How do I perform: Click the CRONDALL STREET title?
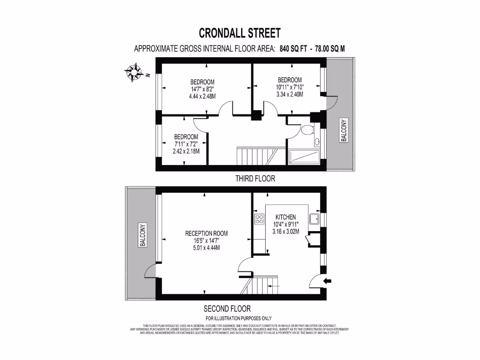point(240,33)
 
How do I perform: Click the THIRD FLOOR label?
point(255,179)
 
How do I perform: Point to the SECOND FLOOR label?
point(227,308)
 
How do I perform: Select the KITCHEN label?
point(285,217)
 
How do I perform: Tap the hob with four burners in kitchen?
point(259,218)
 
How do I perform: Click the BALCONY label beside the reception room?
point(142,234)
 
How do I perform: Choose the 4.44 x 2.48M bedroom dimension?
point(202,97)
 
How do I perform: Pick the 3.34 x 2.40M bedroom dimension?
point(290,94)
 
